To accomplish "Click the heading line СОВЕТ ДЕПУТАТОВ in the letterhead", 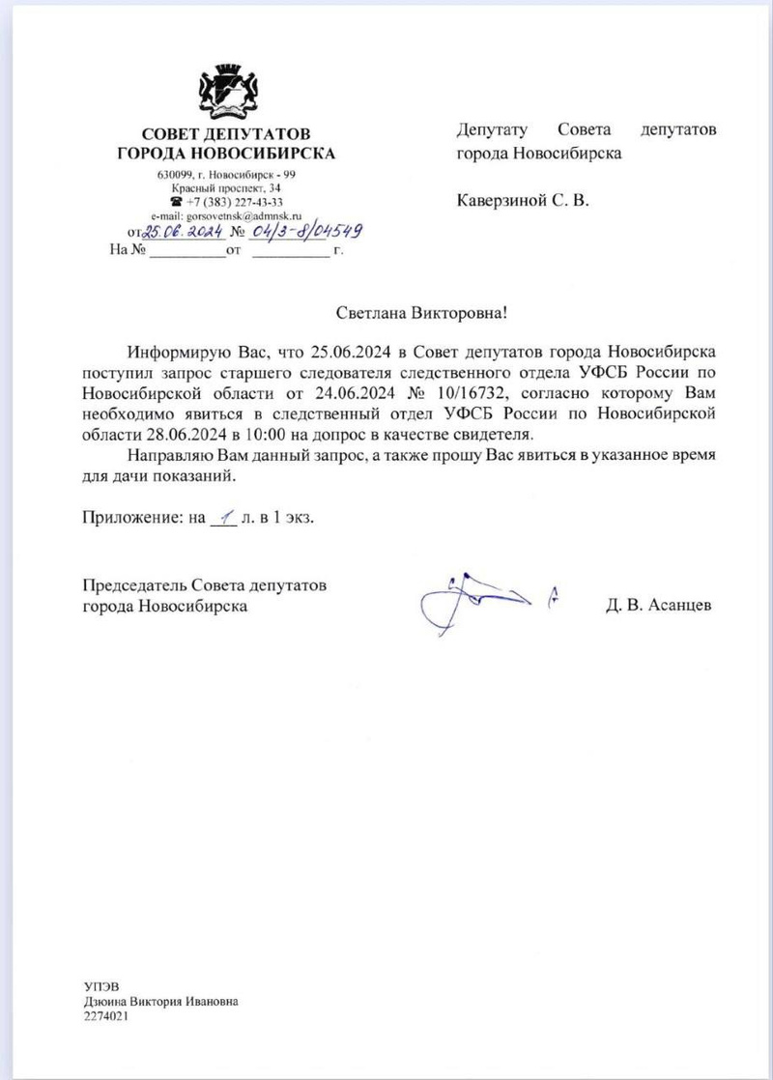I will pyautogui.click(x=226, y=134).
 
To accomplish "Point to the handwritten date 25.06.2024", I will pyautogui.click(x=184, y=233).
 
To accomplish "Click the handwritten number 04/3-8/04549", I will pyautogui.click(x=300, y=232).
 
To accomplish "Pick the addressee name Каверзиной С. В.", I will pyautogui.click(x=522, y=202).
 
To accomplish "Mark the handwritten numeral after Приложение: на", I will pyautogui.click(x=221, y=516).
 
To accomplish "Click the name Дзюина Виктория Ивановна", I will pyautogui.click(x=160, y=1002).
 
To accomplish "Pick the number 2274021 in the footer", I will pyautogui.click(x=106, y=1017).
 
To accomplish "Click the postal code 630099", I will pyautogui.click(x=175, y=174).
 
